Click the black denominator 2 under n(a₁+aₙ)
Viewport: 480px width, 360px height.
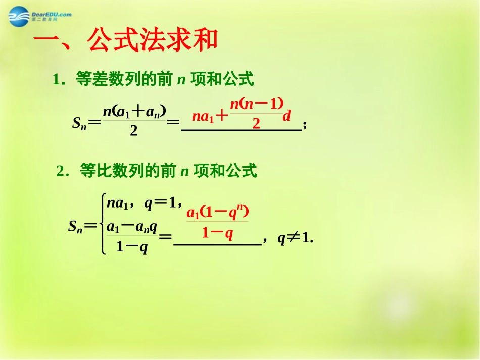pos(134,131)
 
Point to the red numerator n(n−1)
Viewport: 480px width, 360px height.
pos(257,104)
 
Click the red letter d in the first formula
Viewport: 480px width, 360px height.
pos(286,117)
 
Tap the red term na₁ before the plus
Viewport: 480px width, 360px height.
pos(204,117)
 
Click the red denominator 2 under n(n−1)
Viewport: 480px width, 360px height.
pos(256,123)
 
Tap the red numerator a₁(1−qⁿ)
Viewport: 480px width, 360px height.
pos(218,212)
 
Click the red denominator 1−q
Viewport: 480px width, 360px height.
pos(217,233)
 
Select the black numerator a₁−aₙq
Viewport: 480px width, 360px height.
pos(132,227)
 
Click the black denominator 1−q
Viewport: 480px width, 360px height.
pos(132,247)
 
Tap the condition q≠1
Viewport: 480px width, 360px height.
pos(296,239)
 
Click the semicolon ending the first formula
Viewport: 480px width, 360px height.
pos(304,127)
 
